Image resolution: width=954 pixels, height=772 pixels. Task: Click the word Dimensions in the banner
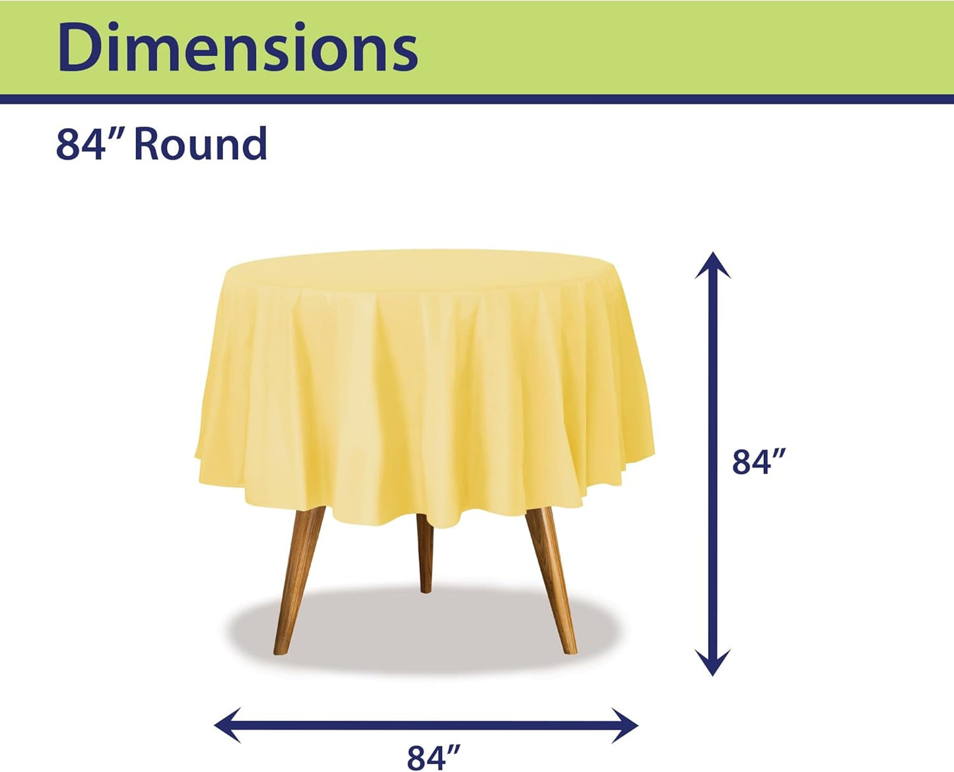(238, 48)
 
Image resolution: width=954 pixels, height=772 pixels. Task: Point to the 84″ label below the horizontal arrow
(433, 756)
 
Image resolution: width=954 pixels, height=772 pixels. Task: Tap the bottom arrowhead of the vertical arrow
(712, 662)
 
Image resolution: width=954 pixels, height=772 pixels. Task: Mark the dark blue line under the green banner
(477, 99)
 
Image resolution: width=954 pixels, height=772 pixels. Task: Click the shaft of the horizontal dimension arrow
(426, 725)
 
